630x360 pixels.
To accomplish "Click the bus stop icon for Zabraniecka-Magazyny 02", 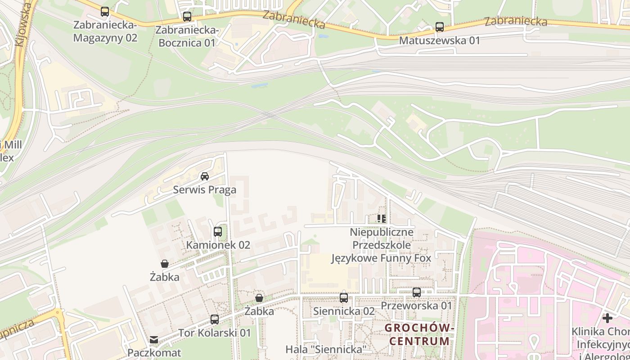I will [105, 12].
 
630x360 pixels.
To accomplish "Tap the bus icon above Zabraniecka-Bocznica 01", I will [187, 17].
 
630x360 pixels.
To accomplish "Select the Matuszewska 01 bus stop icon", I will [440, 27].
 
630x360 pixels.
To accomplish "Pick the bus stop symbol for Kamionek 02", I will [218, 232].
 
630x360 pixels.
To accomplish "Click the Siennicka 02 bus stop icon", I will [344, 297].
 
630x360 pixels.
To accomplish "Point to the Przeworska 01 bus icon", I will [417, 292].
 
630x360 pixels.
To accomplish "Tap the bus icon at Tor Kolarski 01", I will [215, 319].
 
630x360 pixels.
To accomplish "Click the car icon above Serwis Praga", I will [205, 176].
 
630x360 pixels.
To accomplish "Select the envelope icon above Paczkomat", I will [154, 339].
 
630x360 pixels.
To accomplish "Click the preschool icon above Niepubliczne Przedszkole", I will [382, 219].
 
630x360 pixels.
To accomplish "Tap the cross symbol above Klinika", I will [607, 318].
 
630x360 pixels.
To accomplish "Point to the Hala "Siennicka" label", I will [327, 349].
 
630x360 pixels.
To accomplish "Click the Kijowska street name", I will [24, 25].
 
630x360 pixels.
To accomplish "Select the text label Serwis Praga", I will [205, 190].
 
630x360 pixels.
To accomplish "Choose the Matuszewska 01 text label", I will [440, 40].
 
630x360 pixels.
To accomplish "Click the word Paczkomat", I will [154, 352].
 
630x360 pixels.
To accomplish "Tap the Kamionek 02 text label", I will [218, 245].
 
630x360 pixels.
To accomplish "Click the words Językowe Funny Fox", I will [382, 258].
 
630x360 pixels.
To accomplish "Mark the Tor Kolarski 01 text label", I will [215, 333].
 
